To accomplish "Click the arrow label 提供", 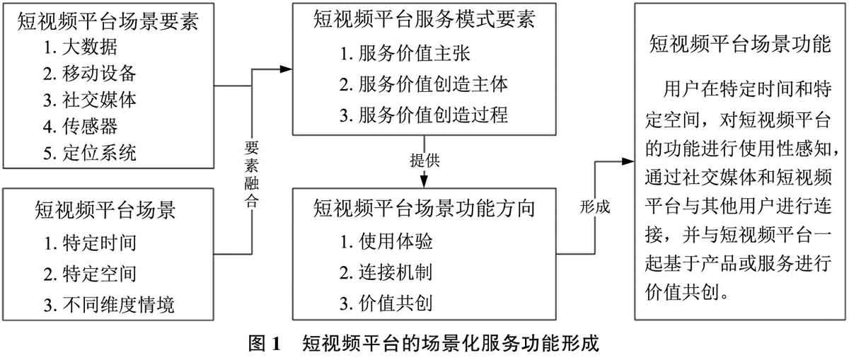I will click(x=424, y=159).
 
